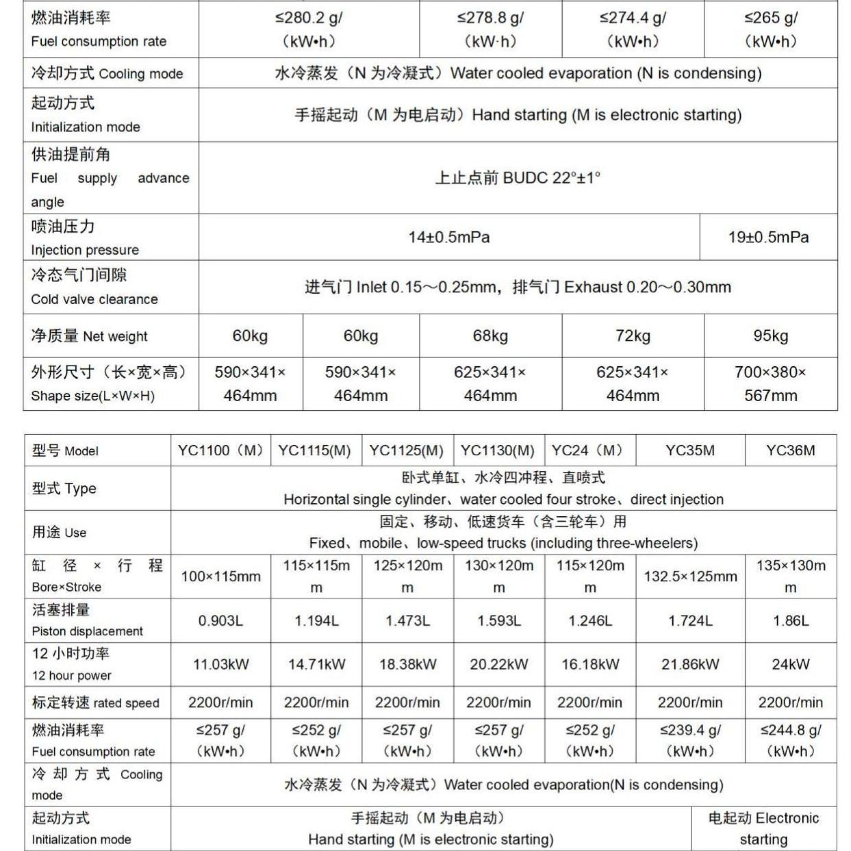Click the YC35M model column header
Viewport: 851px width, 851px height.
coord(690,450)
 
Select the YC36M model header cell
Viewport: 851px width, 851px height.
coord(790,450)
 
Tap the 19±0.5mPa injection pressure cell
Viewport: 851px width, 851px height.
coord(768,237)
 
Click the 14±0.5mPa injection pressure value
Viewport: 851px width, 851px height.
coord(449,237)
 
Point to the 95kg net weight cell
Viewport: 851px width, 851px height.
coord(770,336)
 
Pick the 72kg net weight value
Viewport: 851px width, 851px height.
coord(633,336)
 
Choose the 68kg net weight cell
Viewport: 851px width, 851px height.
coord(490,336)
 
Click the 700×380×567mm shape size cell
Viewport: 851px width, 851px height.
coord(770,384)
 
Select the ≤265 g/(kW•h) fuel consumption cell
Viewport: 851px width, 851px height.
coord(770,30)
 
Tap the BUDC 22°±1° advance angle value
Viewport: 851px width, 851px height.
coord(517,178)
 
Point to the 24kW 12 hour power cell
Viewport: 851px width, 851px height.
coord(790,664)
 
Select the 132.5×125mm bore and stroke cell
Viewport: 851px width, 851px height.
coord(690,576)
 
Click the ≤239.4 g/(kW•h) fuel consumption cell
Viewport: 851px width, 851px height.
coord(690,740)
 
